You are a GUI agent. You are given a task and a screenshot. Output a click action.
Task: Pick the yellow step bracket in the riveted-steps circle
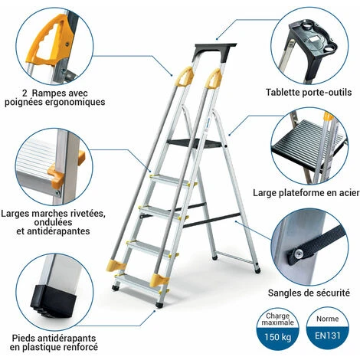[x=55, y=175]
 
